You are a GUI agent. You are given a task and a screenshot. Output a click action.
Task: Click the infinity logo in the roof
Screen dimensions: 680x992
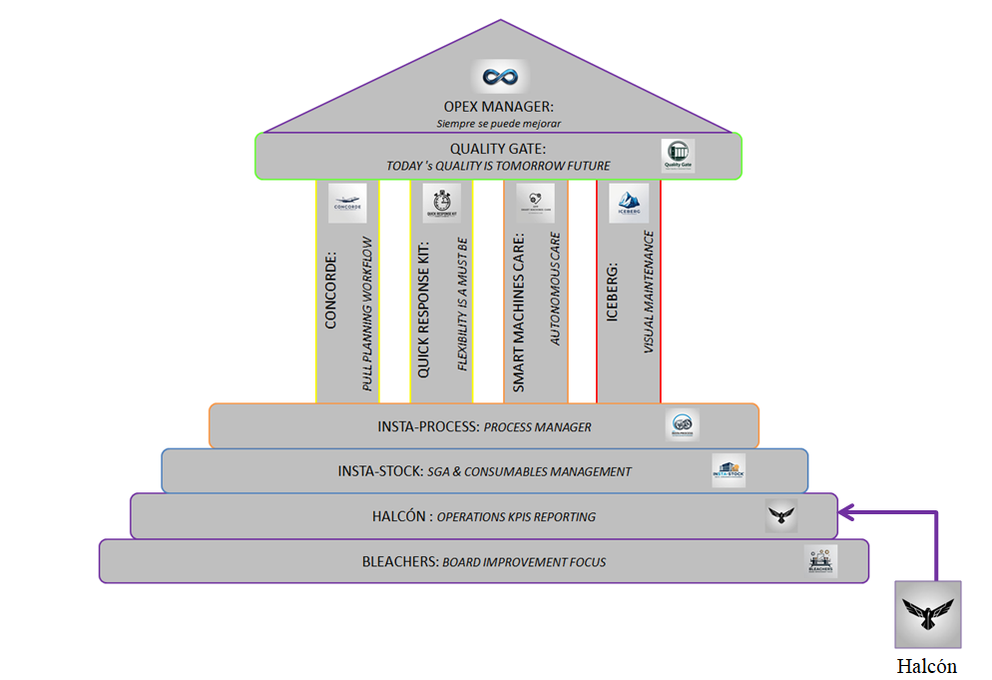click(x=498, y=77)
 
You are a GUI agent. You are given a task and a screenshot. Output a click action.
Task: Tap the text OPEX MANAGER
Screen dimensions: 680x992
click(x=497, y=106)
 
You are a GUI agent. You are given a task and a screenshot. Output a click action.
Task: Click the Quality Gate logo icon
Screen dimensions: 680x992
click(x=678, y=156)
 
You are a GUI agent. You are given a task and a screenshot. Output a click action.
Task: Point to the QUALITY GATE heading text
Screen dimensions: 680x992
click(x=497, y=149)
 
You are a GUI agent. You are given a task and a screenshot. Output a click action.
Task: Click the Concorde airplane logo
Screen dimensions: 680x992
click(x=347, y=203)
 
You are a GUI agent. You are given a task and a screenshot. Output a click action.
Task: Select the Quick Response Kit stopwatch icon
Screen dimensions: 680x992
click(x=441, y=203)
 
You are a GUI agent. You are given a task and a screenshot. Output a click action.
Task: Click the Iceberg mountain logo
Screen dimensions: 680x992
click(x=629, y=203)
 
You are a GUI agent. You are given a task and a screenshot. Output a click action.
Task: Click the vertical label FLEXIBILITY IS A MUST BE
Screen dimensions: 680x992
click(x=462, y=305)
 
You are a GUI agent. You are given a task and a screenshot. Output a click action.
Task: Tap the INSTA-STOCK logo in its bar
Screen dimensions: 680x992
click(x=729, y=470)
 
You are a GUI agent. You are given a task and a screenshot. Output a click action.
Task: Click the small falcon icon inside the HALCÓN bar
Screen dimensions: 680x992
click(x=781, y=515)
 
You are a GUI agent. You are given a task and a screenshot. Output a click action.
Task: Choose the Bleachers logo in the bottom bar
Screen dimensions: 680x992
click(x=821, y=560)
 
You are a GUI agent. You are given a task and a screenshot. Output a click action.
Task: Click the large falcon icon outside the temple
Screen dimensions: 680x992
click(x=927, y=615)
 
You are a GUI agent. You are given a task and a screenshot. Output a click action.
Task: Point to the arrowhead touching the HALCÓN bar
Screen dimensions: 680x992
click(x=845, y=513)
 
